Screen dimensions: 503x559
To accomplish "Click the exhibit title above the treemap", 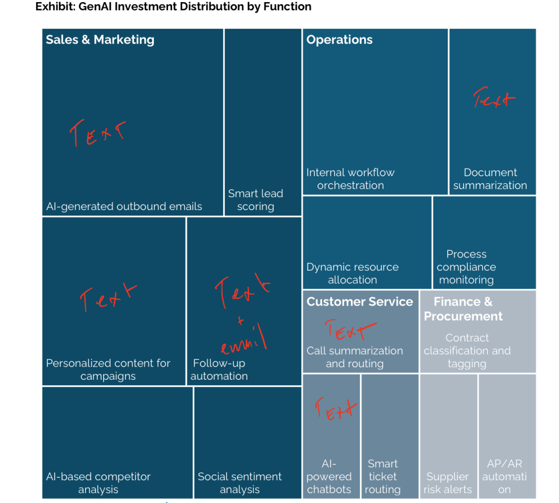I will coord(173,7).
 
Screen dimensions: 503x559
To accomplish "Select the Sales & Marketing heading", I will coord(100,40).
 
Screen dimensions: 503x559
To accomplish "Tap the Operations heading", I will coord(340,40).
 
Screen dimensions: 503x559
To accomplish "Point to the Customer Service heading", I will coord(360,302).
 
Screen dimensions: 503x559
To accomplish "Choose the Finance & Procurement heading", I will coord(463,309).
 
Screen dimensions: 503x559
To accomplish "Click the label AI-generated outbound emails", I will coord(124,207).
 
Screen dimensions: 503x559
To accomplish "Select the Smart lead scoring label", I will coord(255,200).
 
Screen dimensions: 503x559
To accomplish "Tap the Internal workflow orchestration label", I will coord(350,179).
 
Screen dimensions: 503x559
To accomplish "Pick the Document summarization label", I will coord(490,179).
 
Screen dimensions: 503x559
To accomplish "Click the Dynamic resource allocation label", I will coord(353,273).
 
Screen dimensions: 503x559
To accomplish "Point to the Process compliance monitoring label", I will coord(466,267).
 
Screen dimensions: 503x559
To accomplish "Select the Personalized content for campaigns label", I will coord(108,369).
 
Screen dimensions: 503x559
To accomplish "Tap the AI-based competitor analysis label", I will coord(98,483).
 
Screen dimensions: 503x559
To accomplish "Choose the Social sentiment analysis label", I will coord(240,483).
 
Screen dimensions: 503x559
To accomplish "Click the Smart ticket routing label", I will coord(383,476).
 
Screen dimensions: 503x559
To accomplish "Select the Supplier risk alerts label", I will coord(448,483).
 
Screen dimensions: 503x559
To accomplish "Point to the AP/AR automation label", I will coord(504,476).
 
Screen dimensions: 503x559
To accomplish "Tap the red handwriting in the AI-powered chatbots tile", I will coord(336,408).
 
